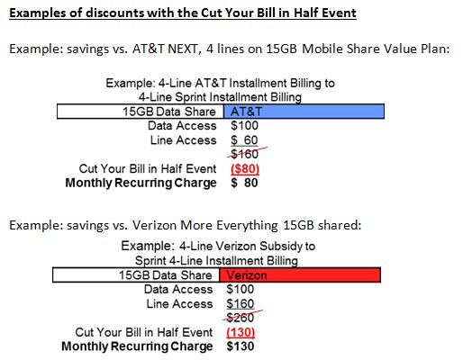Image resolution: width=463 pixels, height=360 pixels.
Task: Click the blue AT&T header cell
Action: click(304, 112)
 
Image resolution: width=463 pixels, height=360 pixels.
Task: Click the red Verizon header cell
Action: click(300, 275)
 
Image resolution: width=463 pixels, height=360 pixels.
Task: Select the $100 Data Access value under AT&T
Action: click(244, 126)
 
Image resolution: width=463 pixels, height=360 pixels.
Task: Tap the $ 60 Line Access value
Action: click(244, 140)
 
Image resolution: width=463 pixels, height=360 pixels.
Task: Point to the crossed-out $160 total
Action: click(245, 154)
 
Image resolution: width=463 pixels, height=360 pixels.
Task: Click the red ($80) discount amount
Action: click(245, 169)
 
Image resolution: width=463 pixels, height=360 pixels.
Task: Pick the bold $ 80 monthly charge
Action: click(244, 183)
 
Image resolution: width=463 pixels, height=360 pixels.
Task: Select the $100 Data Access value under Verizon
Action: click(241, 290)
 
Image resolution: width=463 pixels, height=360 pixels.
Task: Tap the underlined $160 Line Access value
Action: click(241, 304)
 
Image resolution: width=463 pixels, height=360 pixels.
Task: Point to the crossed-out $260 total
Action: click(241, 318)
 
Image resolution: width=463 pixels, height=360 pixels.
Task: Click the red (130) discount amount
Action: click(241, 332)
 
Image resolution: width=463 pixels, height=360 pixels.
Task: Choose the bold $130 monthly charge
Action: click(241, 346)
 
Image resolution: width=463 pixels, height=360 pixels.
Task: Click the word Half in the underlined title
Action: click(308, 13)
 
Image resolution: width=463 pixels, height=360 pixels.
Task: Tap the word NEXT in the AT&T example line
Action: click(185, 49)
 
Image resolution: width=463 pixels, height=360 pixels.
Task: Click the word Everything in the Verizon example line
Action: click(247, 225)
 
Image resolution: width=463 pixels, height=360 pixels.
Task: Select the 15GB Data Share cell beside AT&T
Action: click(141, 112)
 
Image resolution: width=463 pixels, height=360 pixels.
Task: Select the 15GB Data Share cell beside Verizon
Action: click(136, 275)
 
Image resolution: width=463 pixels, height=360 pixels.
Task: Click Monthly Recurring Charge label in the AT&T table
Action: click(141, 183)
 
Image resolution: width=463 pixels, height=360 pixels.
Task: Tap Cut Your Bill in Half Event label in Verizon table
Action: click(144, 332)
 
